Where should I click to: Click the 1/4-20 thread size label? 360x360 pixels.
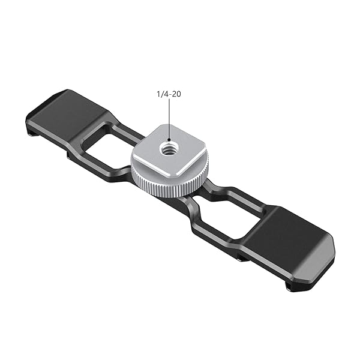pos(169,94)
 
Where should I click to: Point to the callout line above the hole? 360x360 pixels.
pos(170,120)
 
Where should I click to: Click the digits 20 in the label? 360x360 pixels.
pos(178,94)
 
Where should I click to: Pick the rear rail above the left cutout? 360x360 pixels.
pos(120,128)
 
